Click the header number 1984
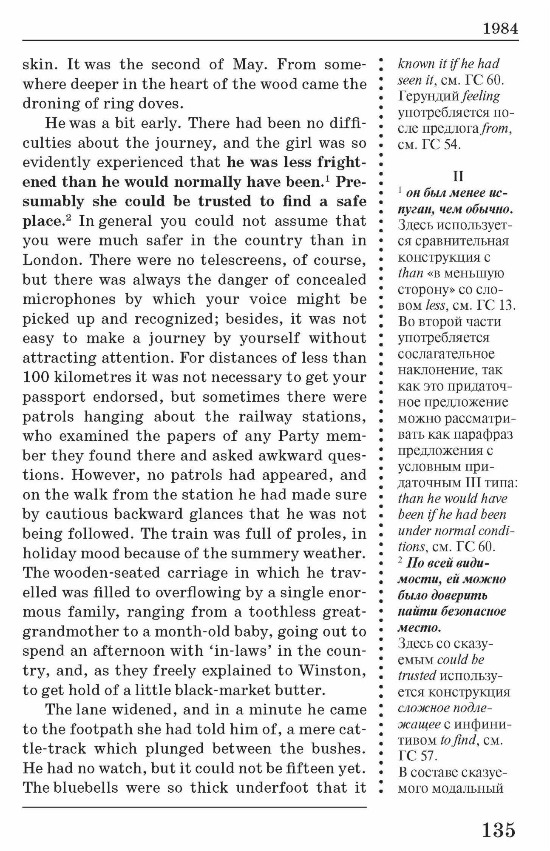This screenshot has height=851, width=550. tap(500, 29)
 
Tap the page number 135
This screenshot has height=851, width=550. tap(499, 829)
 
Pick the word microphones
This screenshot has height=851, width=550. tap(69, 299)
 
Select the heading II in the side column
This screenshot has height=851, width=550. tap(458, 176)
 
